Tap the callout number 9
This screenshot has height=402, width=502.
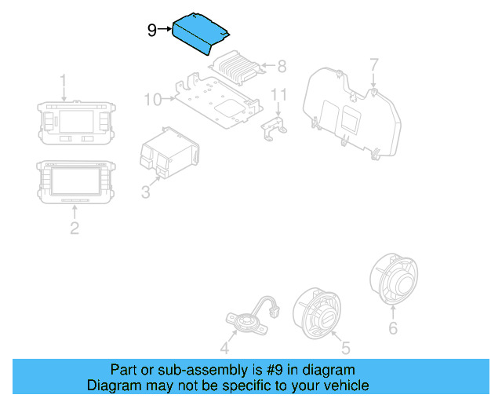(x=152, y=31)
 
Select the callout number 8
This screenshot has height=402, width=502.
(x=282, y=65)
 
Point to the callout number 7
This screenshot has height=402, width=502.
(x=374, y=64)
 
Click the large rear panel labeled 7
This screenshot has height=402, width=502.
(x=349, y=110)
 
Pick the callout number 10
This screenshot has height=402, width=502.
(x=152, y=99)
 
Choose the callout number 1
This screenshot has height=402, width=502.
(x=64, y=81)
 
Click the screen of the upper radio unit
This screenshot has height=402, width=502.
(x=75, y=122)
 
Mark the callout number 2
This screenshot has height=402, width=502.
(x=75, y=228)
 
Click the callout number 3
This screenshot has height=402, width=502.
(x=145, y=192)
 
